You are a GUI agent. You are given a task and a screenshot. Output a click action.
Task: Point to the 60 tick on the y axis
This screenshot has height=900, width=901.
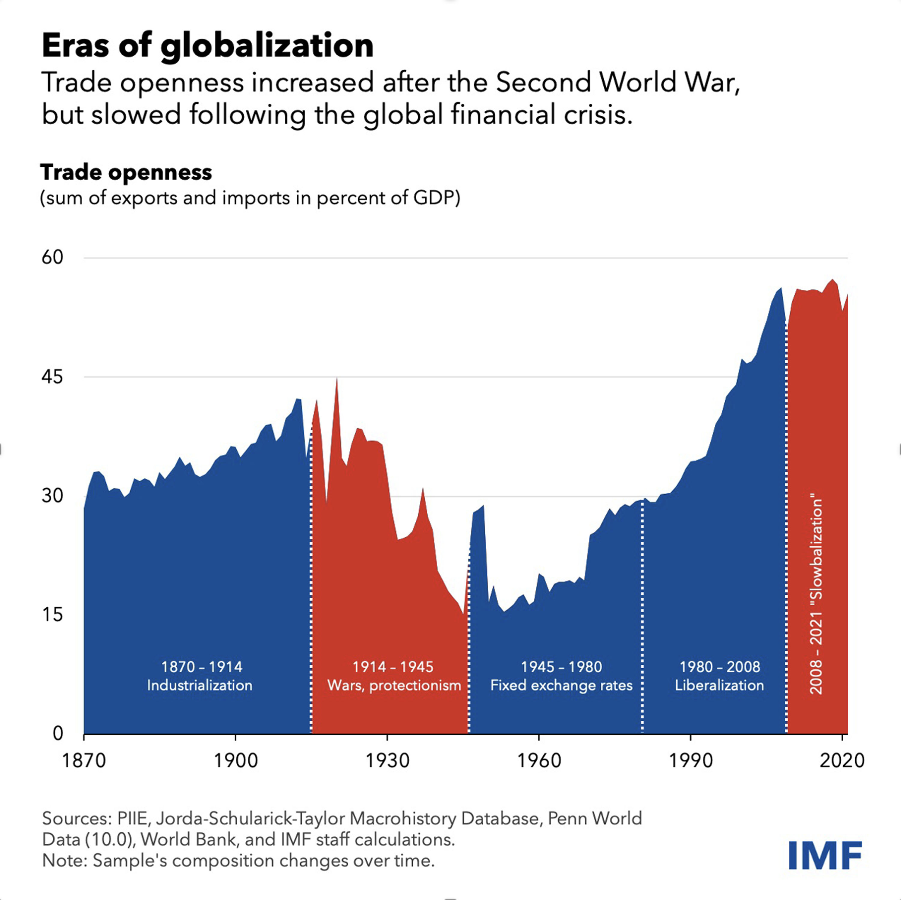click(52, 257)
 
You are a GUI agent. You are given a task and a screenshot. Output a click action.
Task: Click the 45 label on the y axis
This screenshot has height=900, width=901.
click(52, 377)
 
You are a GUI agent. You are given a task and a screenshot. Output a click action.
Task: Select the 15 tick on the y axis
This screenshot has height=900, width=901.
click(52, 615)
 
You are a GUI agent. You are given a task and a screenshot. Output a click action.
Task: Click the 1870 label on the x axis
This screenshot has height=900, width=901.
click(84, 761)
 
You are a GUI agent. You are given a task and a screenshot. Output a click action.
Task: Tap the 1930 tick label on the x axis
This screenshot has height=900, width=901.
click(387, 761)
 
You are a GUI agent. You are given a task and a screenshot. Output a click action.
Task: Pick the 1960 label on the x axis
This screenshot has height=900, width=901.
click(539, 761)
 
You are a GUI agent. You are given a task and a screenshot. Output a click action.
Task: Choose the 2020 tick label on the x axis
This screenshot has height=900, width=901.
click(842, 761)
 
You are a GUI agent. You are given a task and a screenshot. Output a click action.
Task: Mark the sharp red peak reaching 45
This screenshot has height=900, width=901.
click(337, 380)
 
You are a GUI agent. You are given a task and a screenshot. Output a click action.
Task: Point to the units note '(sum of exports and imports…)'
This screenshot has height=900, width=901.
click(250, 198)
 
